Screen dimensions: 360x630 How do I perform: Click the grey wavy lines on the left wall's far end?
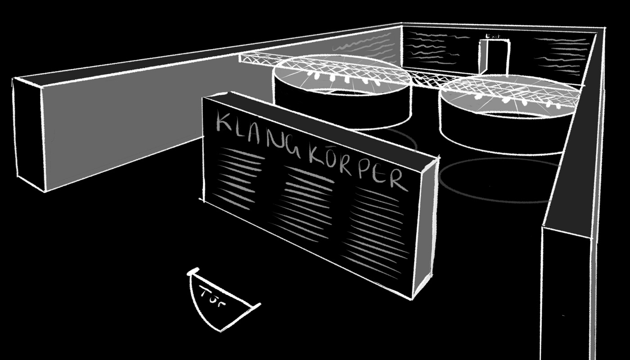coord(364,45)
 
